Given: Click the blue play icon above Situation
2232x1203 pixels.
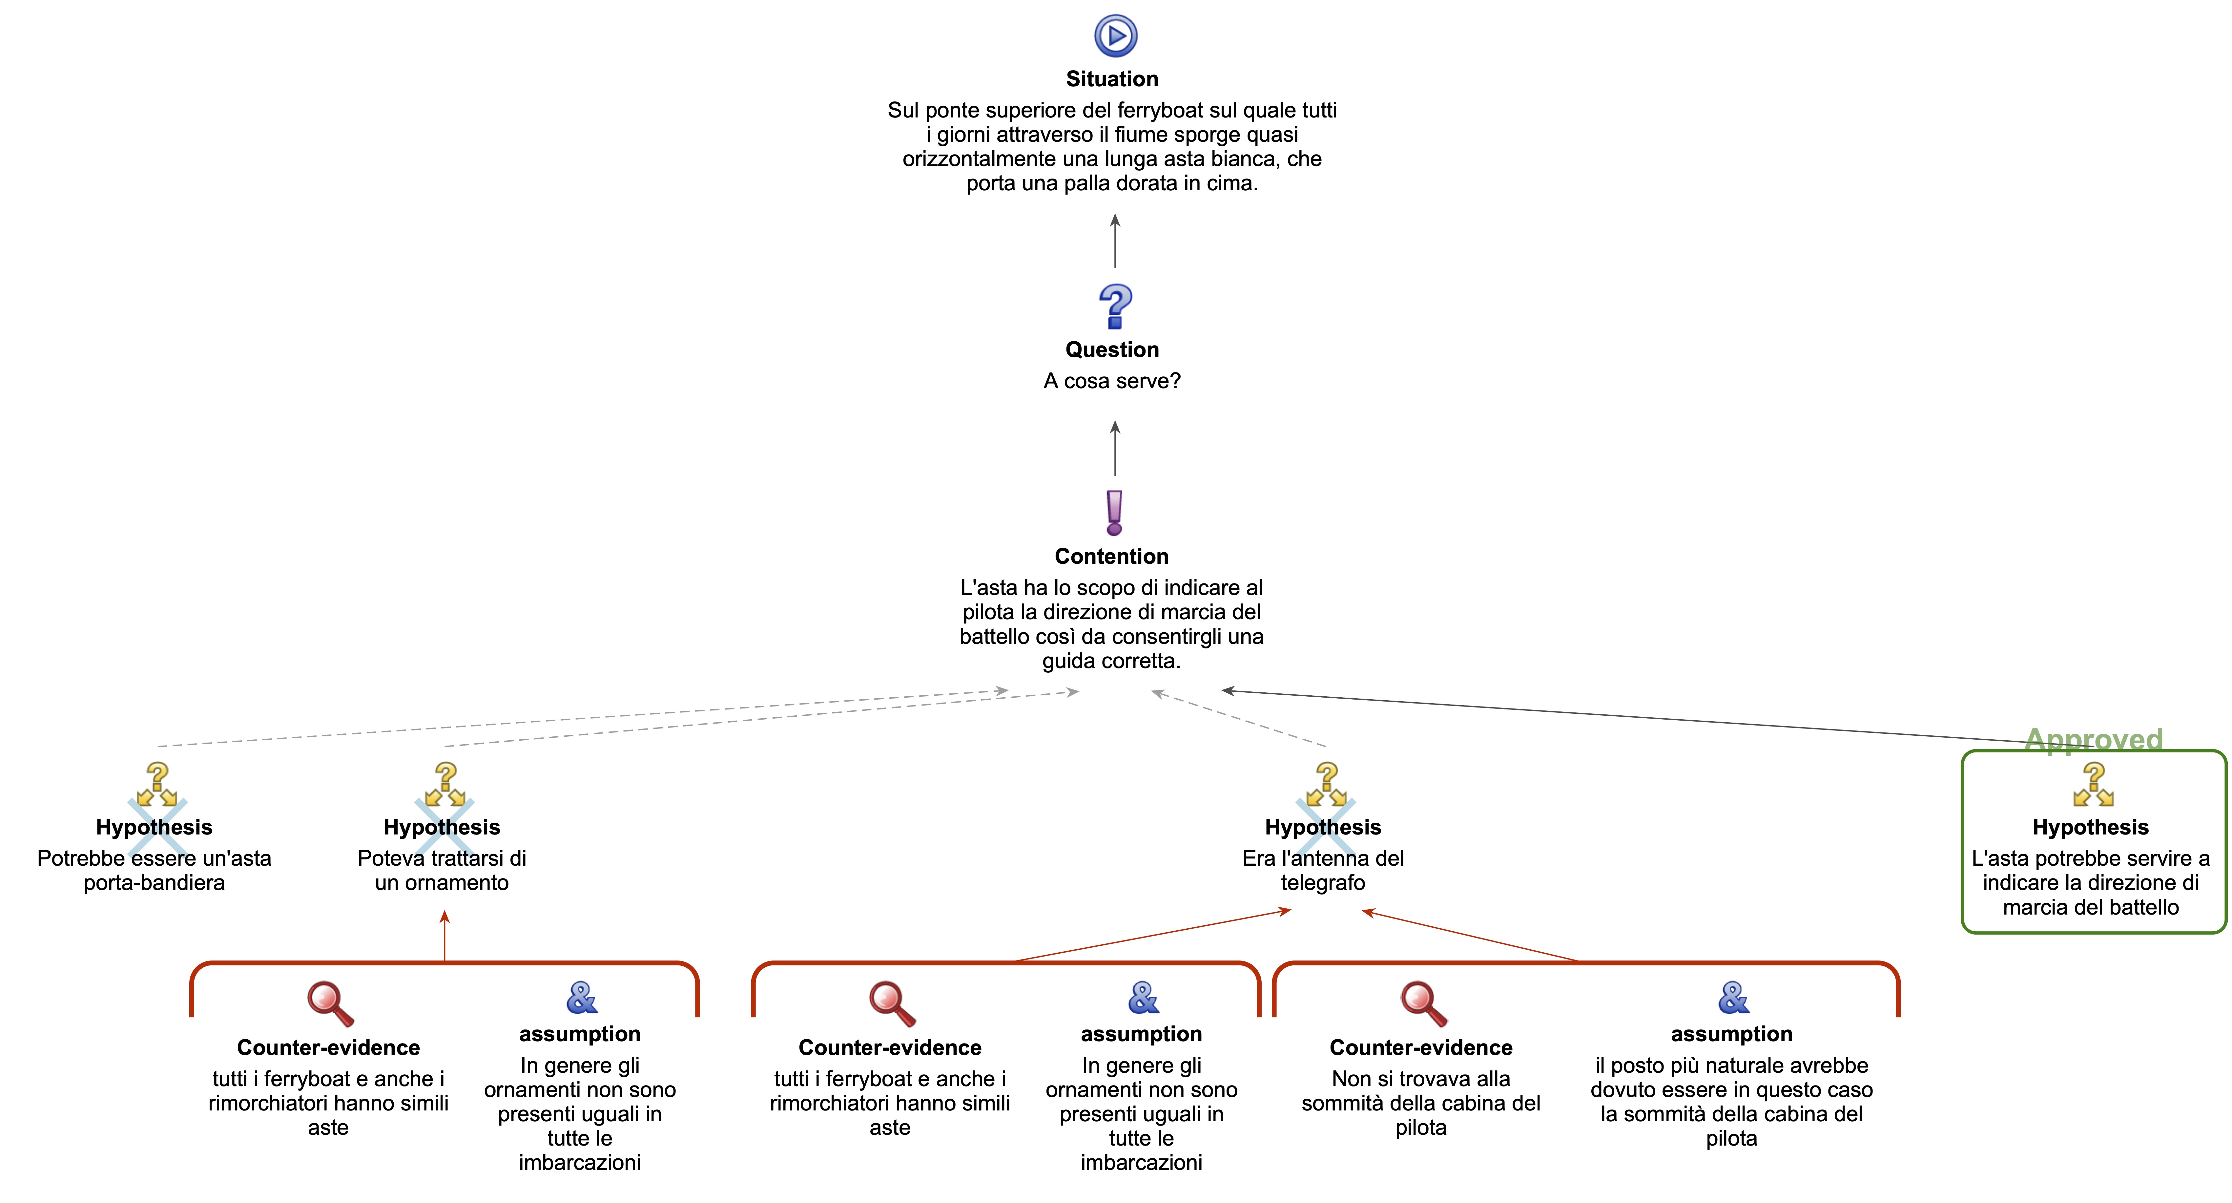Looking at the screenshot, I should pyautogui.click(x=1115, y=35).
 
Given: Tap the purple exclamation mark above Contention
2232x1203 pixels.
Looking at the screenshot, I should pyautogui.click(x=1114, y=512).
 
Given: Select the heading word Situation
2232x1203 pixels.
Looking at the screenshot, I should pyautogui.click(x=1112, y=79).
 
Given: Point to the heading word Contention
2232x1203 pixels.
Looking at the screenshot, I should pyautogui.click(x=1112, y=557).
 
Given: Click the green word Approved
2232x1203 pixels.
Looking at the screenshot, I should pyautogui.click(x=2093, y=739).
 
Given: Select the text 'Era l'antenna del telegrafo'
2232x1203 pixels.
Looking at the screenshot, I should pyautogui.click(x=1323, y=870).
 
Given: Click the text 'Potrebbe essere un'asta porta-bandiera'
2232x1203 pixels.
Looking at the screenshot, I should pyautogui.click(x=154, y=870).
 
